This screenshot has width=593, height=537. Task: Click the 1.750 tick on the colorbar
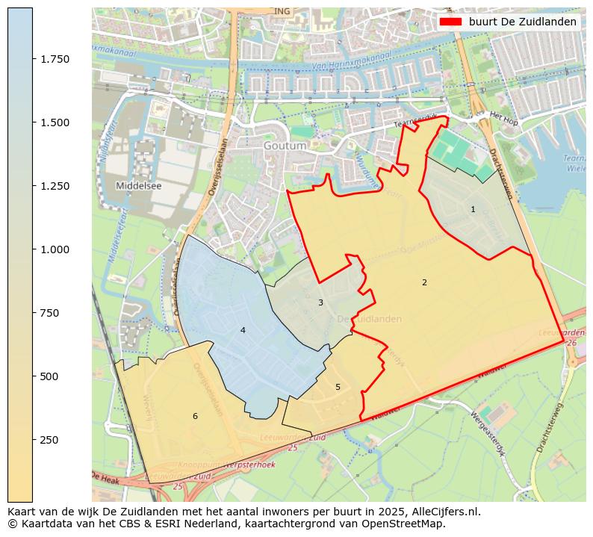pos(33,59)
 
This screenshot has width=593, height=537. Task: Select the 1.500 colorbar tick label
pos(54,122)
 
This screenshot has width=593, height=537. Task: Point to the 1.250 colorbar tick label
pos(54,186)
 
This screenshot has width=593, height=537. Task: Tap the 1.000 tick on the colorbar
pos(33,249)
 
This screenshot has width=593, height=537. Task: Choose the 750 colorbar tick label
pos(50,313)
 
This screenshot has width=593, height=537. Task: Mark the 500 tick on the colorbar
pos(33,376)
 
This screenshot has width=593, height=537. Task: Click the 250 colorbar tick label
pos(50,440)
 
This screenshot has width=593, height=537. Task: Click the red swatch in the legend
pos(450,22)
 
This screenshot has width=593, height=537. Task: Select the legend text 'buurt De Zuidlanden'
pos(522,22)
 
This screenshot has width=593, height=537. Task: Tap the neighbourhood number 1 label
pos(473,209)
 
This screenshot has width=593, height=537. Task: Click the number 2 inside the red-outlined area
pos(424,282)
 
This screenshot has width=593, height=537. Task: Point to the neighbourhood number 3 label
pos(320,302)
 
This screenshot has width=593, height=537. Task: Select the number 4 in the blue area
pos(243,330)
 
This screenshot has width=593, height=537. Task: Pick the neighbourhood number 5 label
pos(338,387)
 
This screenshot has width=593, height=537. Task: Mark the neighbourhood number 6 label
pos(195,416)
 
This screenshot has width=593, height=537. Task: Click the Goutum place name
pos(285,146)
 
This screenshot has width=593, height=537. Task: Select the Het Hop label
pos(503,117)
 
